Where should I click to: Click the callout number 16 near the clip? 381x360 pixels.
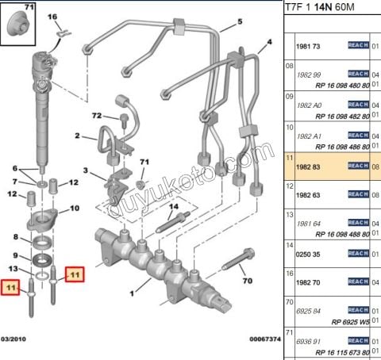tap(53, 16)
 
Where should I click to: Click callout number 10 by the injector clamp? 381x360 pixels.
tap(75, 209)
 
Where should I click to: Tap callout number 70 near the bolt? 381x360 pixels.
tap(245, 280)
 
